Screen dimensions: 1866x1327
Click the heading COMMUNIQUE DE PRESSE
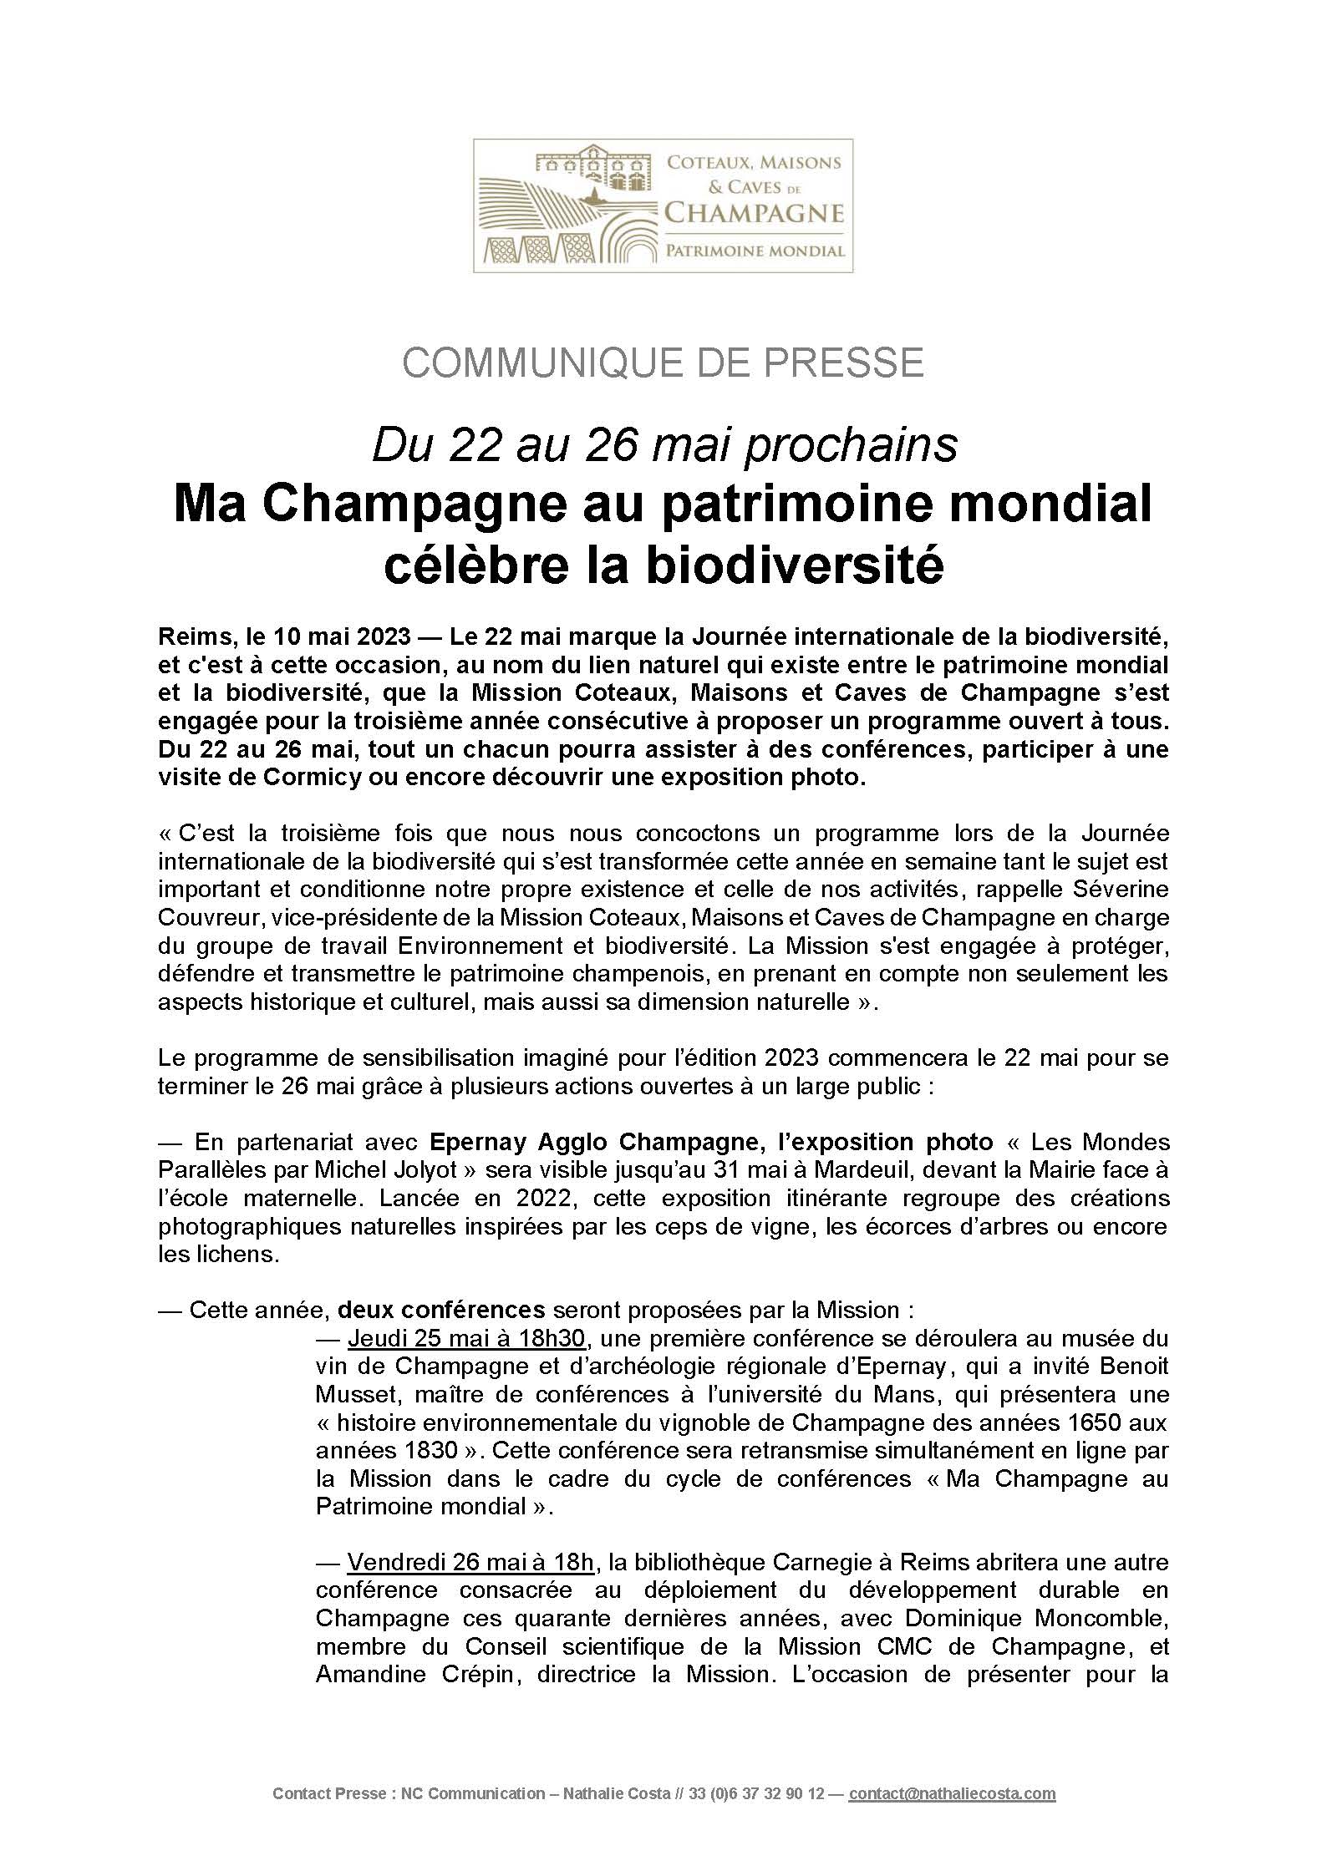coord(663,363)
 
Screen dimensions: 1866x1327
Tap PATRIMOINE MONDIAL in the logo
coord(754,251)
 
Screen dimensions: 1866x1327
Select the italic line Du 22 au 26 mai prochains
coord(664,445)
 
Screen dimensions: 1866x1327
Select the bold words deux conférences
coord(441,1310)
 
